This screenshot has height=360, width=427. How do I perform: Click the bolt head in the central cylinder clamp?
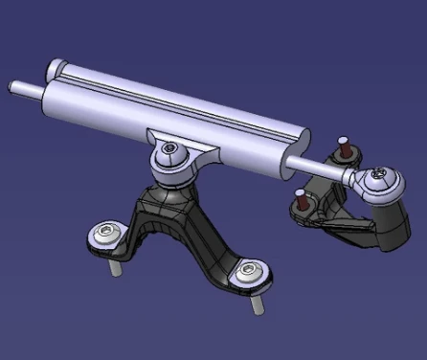(169, 148)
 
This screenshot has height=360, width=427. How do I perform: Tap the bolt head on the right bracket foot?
(250, 274)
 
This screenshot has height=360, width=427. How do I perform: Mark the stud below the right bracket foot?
(258, 305)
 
